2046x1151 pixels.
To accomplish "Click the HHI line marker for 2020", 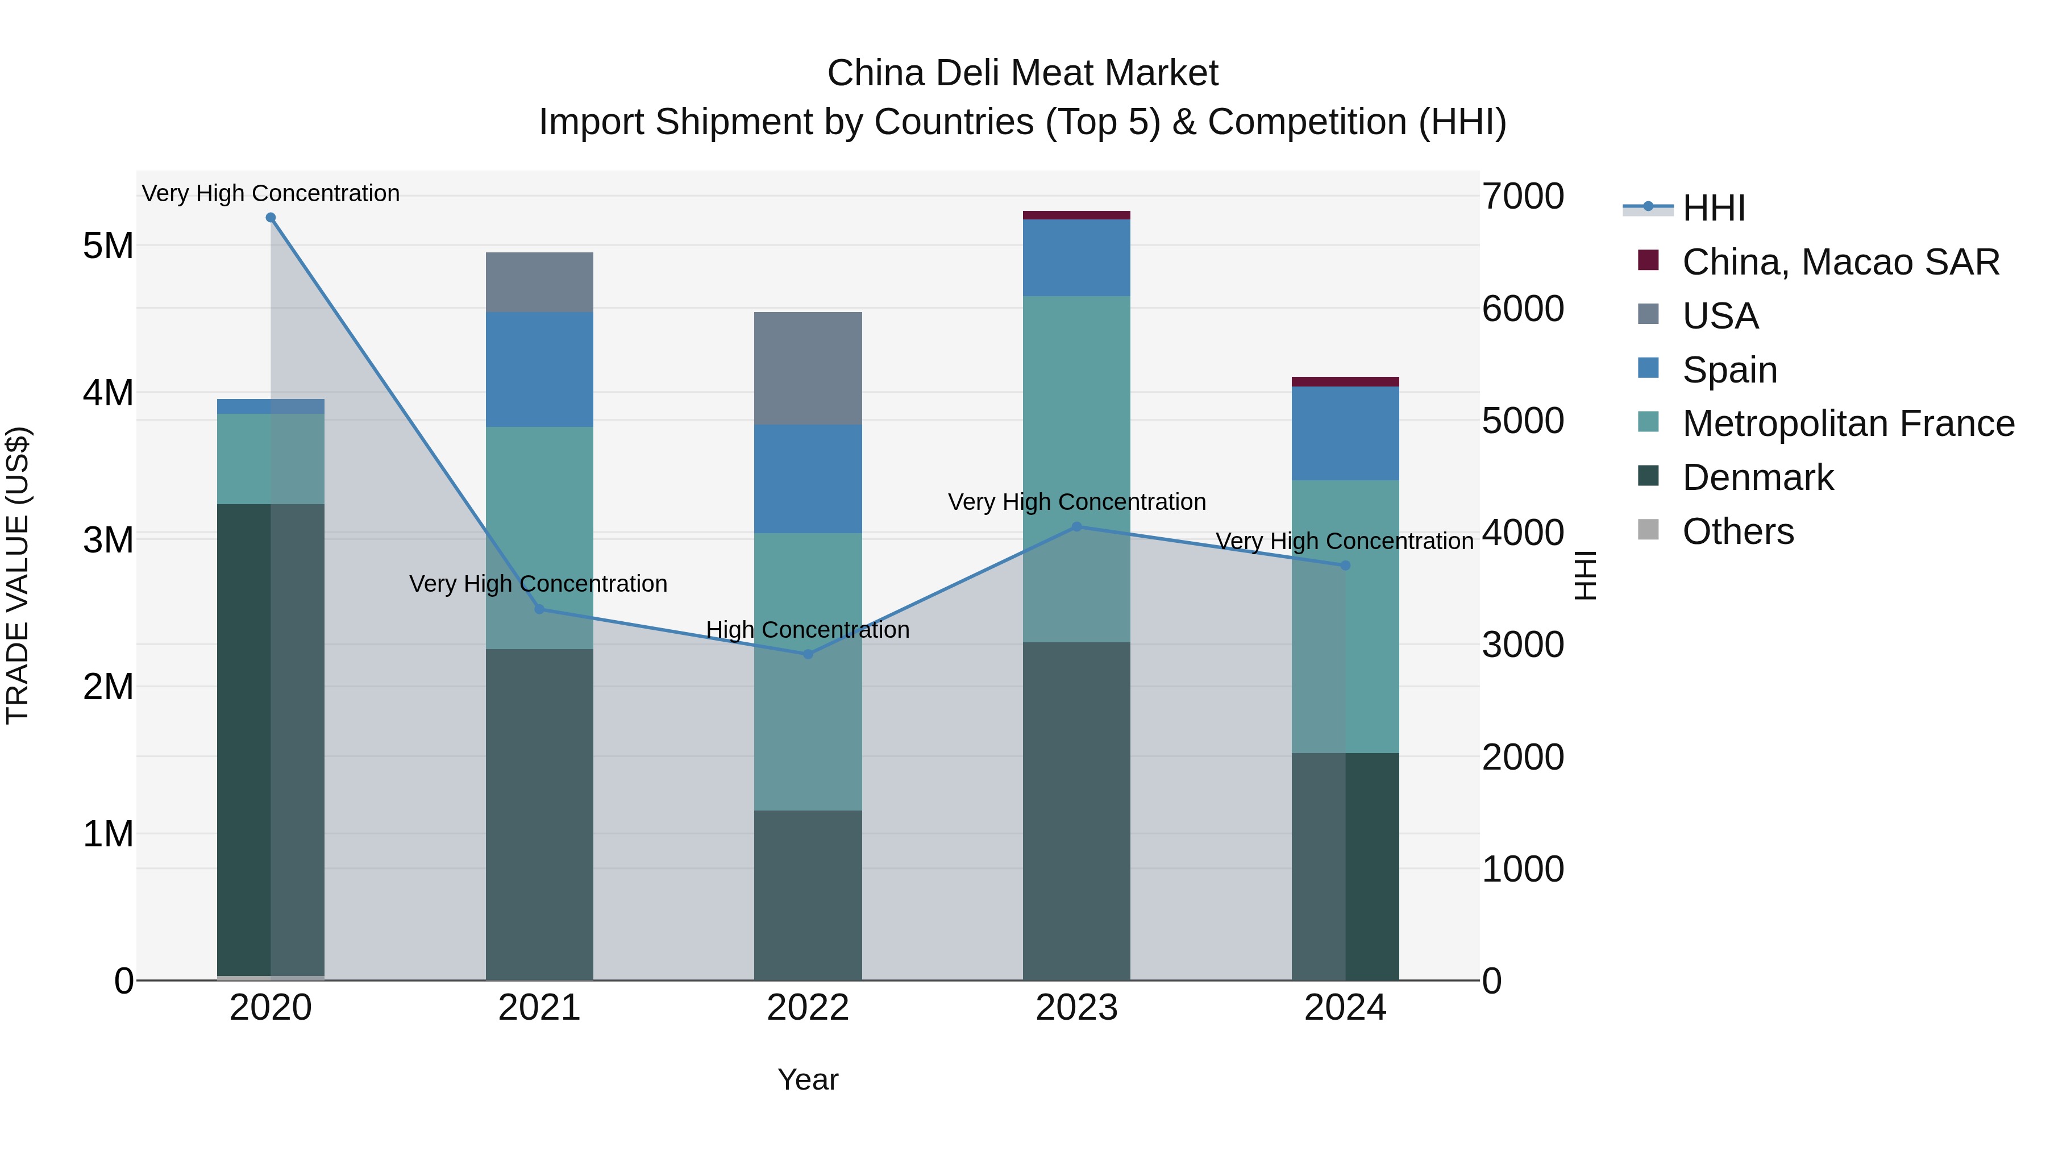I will point(271,218).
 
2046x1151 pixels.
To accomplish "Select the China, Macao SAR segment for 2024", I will point(1345,382).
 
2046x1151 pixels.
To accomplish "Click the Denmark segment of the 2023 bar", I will point(1076,810).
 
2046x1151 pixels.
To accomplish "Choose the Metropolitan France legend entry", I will point(1848,423).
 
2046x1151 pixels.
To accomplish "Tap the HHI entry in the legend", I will point(1713,208).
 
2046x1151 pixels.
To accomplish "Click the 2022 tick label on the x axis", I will point(808,1008).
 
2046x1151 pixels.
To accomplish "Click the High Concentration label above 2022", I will point(808,630).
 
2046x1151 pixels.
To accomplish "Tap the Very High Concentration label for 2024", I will point(1344,541).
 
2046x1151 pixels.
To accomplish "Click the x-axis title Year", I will point(808,1079).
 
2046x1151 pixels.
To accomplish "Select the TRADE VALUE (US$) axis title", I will point(18,575).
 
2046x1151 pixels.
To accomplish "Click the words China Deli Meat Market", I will point(1022,73).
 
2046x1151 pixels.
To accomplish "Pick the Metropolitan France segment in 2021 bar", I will point(539,538).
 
